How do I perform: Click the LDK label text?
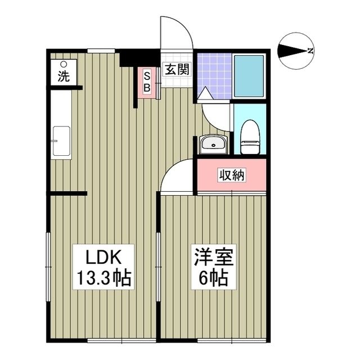pyautogui.click(x=101, y=258)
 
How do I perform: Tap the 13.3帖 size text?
pyautogui.click(x=101, y=277)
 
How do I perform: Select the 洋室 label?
pyautogui.click(x=212, y=258)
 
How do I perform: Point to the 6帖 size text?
pyautogui.click(x=212, y=277)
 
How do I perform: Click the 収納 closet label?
pyautogui.click(x=232, y=175)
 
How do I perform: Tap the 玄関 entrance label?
pyautogui.click(x=176, y=70)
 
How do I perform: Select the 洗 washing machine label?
pyautogui.click(x=64, y=77)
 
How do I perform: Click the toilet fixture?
pyautogui.click(x=249, y=137)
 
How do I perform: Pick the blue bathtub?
pyautogui.click(x=249, y=76)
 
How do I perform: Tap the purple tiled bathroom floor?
pyautogui.click(x=214, y=73)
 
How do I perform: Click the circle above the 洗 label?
pyautogui.click(x=64, y=64)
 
